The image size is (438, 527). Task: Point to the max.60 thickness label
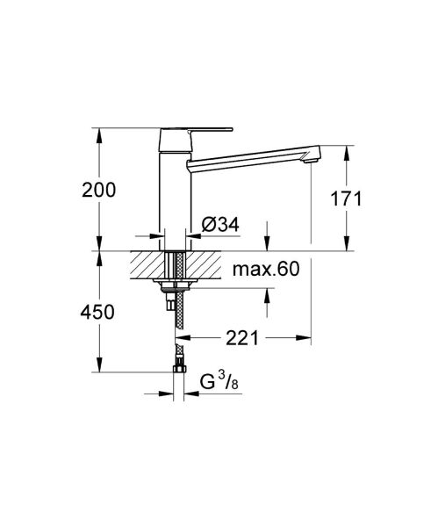click(265, 269)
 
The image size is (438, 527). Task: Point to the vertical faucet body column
click(172, 193)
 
